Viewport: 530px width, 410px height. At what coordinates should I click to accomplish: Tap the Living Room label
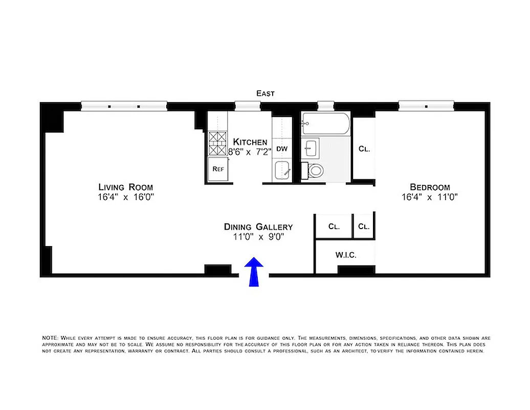click(125, 187)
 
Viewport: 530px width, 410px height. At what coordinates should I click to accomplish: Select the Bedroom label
click(430, 187)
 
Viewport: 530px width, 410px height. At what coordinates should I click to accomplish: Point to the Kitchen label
click(250, 142)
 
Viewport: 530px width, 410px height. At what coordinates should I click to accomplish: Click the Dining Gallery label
click(258, 227)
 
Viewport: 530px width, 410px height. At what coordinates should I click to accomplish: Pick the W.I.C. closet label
click(346, 255)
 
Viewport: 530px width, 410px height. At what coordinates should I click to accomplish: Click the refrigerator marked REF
click(218, 169)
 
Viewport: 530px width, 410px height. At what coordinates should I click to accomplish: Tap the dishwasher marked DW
click(281, 149)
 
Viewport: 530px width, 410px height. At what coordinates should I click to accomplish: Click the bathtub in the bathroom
click(325, 124)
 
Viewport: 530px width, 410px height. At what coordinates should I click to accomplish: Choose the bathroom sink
click(311, 149)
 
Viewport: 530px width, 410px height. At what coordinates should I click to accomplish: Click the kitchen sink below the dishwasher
click(282, 171)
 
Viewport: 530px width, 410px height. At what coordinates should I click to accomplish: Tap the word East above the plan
click(266, 93)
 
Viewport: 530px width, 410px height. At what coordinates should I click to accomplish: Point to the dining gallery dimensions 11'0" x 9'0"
click(258, 237)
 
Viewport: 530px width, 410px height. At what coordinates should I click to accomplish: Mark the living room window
click(124, 107)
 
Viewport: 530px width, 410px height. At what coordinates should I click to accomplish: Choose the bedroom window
click(426, 107)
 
